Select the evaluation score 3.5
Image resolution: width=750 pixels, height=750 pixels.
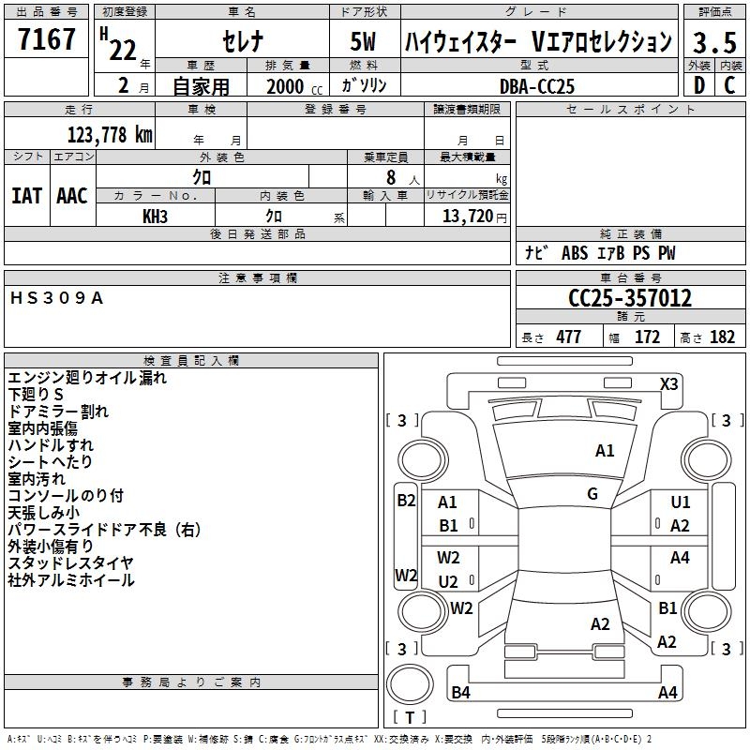click(714, 43)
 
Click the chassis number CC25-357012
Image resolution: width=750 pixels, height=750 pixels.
click(630, 298)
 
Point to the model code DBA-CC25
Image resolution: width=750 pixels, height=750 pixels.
click(537, 86)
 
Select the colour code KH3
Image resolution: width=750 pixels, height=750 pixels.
click(155, 216)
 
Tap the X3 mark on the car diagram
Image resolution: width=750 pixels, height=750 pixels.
click(668, 383)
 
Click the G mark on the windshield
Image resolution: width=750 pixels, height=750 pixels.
click(592, 494)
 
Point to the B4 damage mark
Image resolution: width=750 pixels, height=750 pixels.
click(460, 693)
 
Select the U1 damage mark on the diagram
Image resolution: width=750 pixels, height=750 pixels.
click(680, 502)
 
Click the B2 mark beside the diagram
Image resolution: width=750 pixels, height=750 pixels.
click(406, 501)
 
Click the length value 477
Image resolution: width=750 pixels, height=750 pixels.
click(568, 337)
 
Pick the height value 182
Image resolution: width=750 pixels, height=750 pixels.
click(722, 337)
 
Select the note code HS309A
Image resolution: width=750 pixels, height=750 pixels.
click(57, 298)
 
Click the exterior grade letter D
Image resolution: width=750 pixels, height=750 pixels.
click(698, 85)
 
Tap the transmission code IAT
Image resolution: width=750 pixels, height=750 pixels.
click(26, 196)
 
